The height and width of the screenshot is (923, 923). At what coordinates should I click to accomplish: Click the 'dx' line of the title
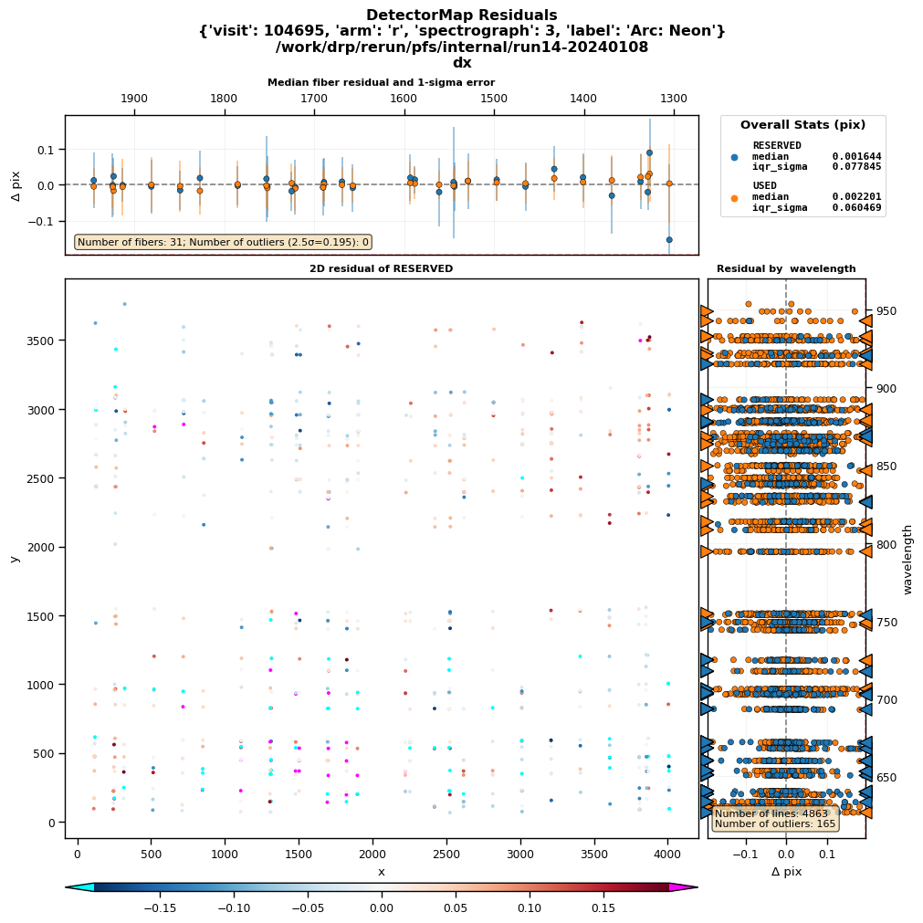pyautogui.click(x=461, y=63)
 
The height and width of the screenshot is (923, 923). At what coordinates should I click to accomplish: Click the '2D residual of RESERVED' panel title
pyautogui.click(x=381, y=268)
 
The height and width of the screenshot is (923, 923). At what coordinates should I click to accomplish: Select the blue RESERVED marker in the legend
pyautogui.click(x=735, y=156)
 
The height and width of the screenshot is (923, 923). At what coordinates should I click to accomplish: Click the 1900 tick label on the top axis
pyautogui.click(x=134, y=99)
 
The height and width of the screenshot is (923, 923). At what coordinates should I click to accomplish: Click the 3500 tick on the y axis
pyautogui.click(x=64, y=341)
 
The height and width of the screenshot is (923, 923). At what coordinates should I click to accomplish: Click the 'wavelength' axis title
pyautogui.click(x=907, y=559)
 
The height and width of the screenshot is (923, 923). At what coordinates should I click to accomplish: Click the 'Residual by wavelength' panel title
pyautogui.click(x=786, y=268)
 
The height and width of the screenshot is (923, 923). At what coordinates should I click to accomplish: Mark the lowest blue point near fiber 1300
pyautogui.click(x=669, y=239)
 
